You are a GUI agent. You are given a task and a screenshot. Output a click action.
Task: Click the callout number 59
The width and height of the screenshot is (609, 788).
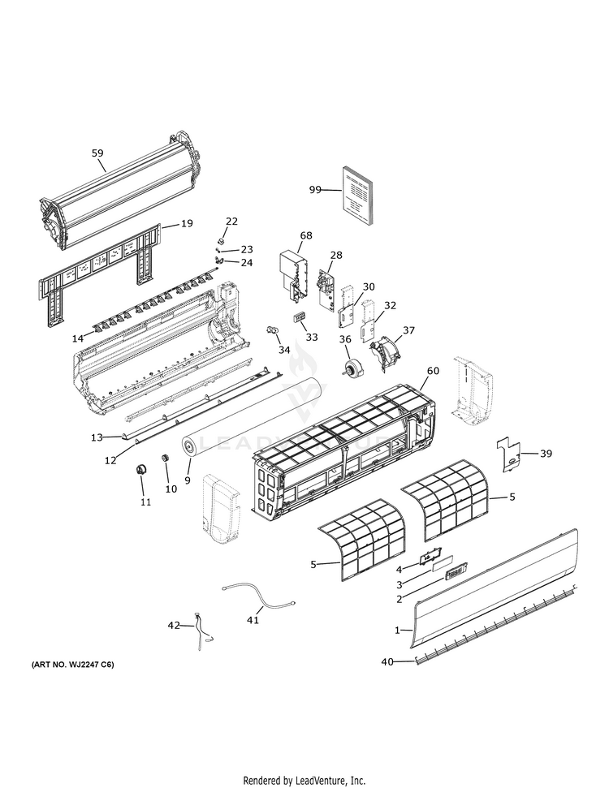pos(97,152)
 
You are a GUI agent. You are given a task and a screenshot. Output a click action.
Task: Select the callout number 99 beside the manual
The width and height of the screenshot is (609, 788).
pos(315,189)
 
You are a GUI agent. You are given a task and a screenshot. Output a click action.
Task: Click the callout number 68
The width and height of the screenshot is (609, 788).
pos(305,235)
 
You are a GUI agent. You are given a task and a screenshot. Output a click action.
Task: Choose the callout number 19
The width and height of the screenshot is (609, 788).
pos(186,223)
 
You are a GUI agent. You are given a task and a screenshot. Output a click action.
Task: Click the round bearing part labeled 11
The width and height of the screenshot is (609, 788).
pos(142,468)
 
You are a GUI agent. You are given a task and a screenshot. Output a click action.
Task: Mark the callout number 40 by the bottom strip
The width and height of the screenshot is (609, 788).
pos(387,662)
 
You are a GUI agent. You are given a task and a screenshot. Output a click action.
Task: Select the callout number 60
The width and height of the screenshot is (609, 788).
pos(433,371)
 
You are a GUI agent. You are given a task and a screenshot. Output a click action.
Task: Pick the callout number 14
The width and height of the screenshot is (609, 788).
pos(78,338)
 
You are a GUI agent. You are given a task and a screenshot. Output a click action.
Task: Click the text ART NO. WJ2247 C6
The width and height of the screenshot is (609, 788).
pos(73,665)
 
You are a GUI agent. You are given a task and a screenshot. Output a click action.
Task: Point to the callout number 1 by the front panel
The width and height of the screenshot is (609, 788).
pos(397,630)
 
